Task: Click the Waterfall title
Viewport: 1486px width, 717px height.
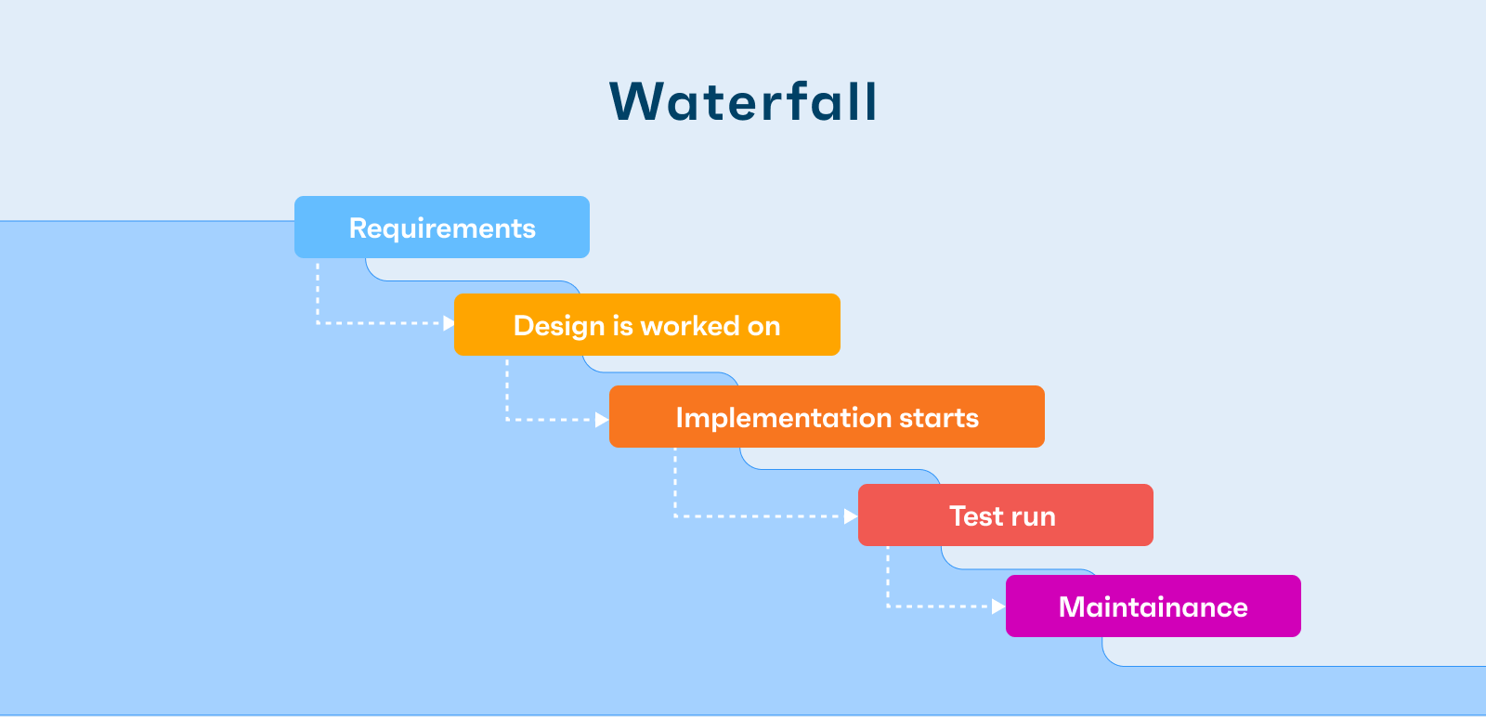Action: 744,101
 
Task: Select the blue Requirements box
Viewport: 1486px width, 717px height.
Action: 442,227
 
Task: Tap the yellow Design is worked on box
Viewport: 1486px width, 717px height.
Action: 646,324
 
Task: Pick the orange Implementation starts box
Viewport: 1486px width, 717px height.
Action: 827,416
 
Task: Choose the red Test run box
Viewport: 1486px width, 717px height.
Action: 1006,515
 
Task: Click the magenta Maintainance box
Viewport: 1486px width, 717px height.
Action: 1153,606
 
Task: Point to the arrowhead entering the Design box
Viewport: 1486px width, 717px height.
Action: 449,323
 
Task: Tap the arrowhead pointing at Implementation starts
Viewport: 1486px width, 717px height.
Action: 602,420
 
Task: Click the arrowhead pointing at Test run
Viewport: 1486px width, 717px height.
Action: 851,516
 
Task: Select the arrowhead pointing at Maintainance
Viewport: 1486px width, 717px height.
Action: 998,606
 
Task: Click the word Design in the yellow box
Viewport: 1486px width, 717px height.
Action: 559,326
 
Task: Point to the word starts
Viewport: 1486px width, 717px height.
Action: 939,419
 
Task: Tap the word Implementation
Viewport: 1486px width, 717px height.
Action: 784,419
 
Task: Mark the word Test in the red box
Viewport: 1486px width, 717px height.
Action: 972,516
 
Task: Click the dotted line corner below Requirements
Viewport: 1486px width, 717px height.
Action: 318,323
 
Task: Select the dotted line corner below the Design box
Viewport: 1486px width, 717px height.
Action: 507,420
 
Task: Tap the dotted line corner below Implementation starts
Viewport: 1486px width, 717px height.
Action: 675,516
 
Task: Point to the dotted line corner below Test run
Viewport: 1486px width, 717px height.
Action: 888,606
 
